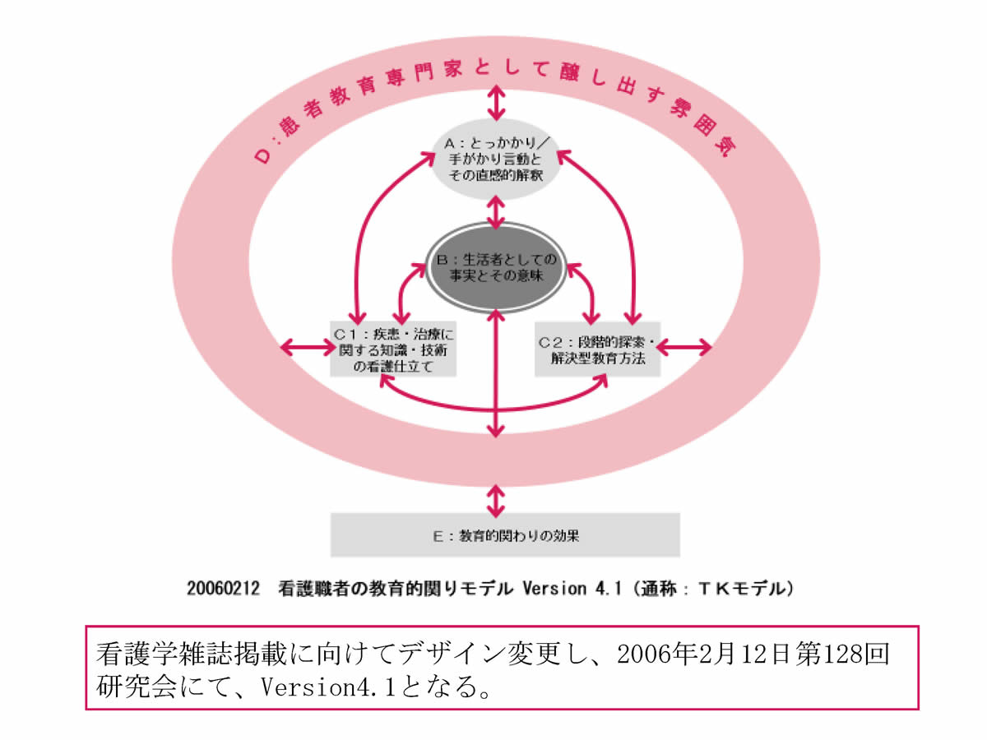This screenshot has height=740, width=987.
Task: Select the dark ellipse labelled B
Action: [495, 266]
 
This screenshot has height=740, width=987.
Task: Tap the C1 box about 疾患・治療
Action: [393, 349]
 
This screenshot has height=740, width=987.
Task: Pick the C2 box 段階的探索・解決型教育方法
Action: [596, 349]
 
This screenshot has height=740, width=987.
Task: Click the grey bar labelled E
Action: [505, 535]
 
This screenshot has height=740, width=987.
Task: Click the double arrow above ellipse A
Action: [494, 103]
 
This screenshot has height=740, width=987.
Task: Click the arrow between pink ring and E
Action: [494, 498]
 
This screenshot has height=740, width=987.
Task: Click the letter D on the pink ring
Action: [262, 155]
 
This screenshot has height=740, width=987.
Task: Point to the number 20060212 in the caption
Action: [225, 589]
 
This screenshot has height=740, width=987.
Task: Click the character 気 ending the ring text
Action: [721, 148]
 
